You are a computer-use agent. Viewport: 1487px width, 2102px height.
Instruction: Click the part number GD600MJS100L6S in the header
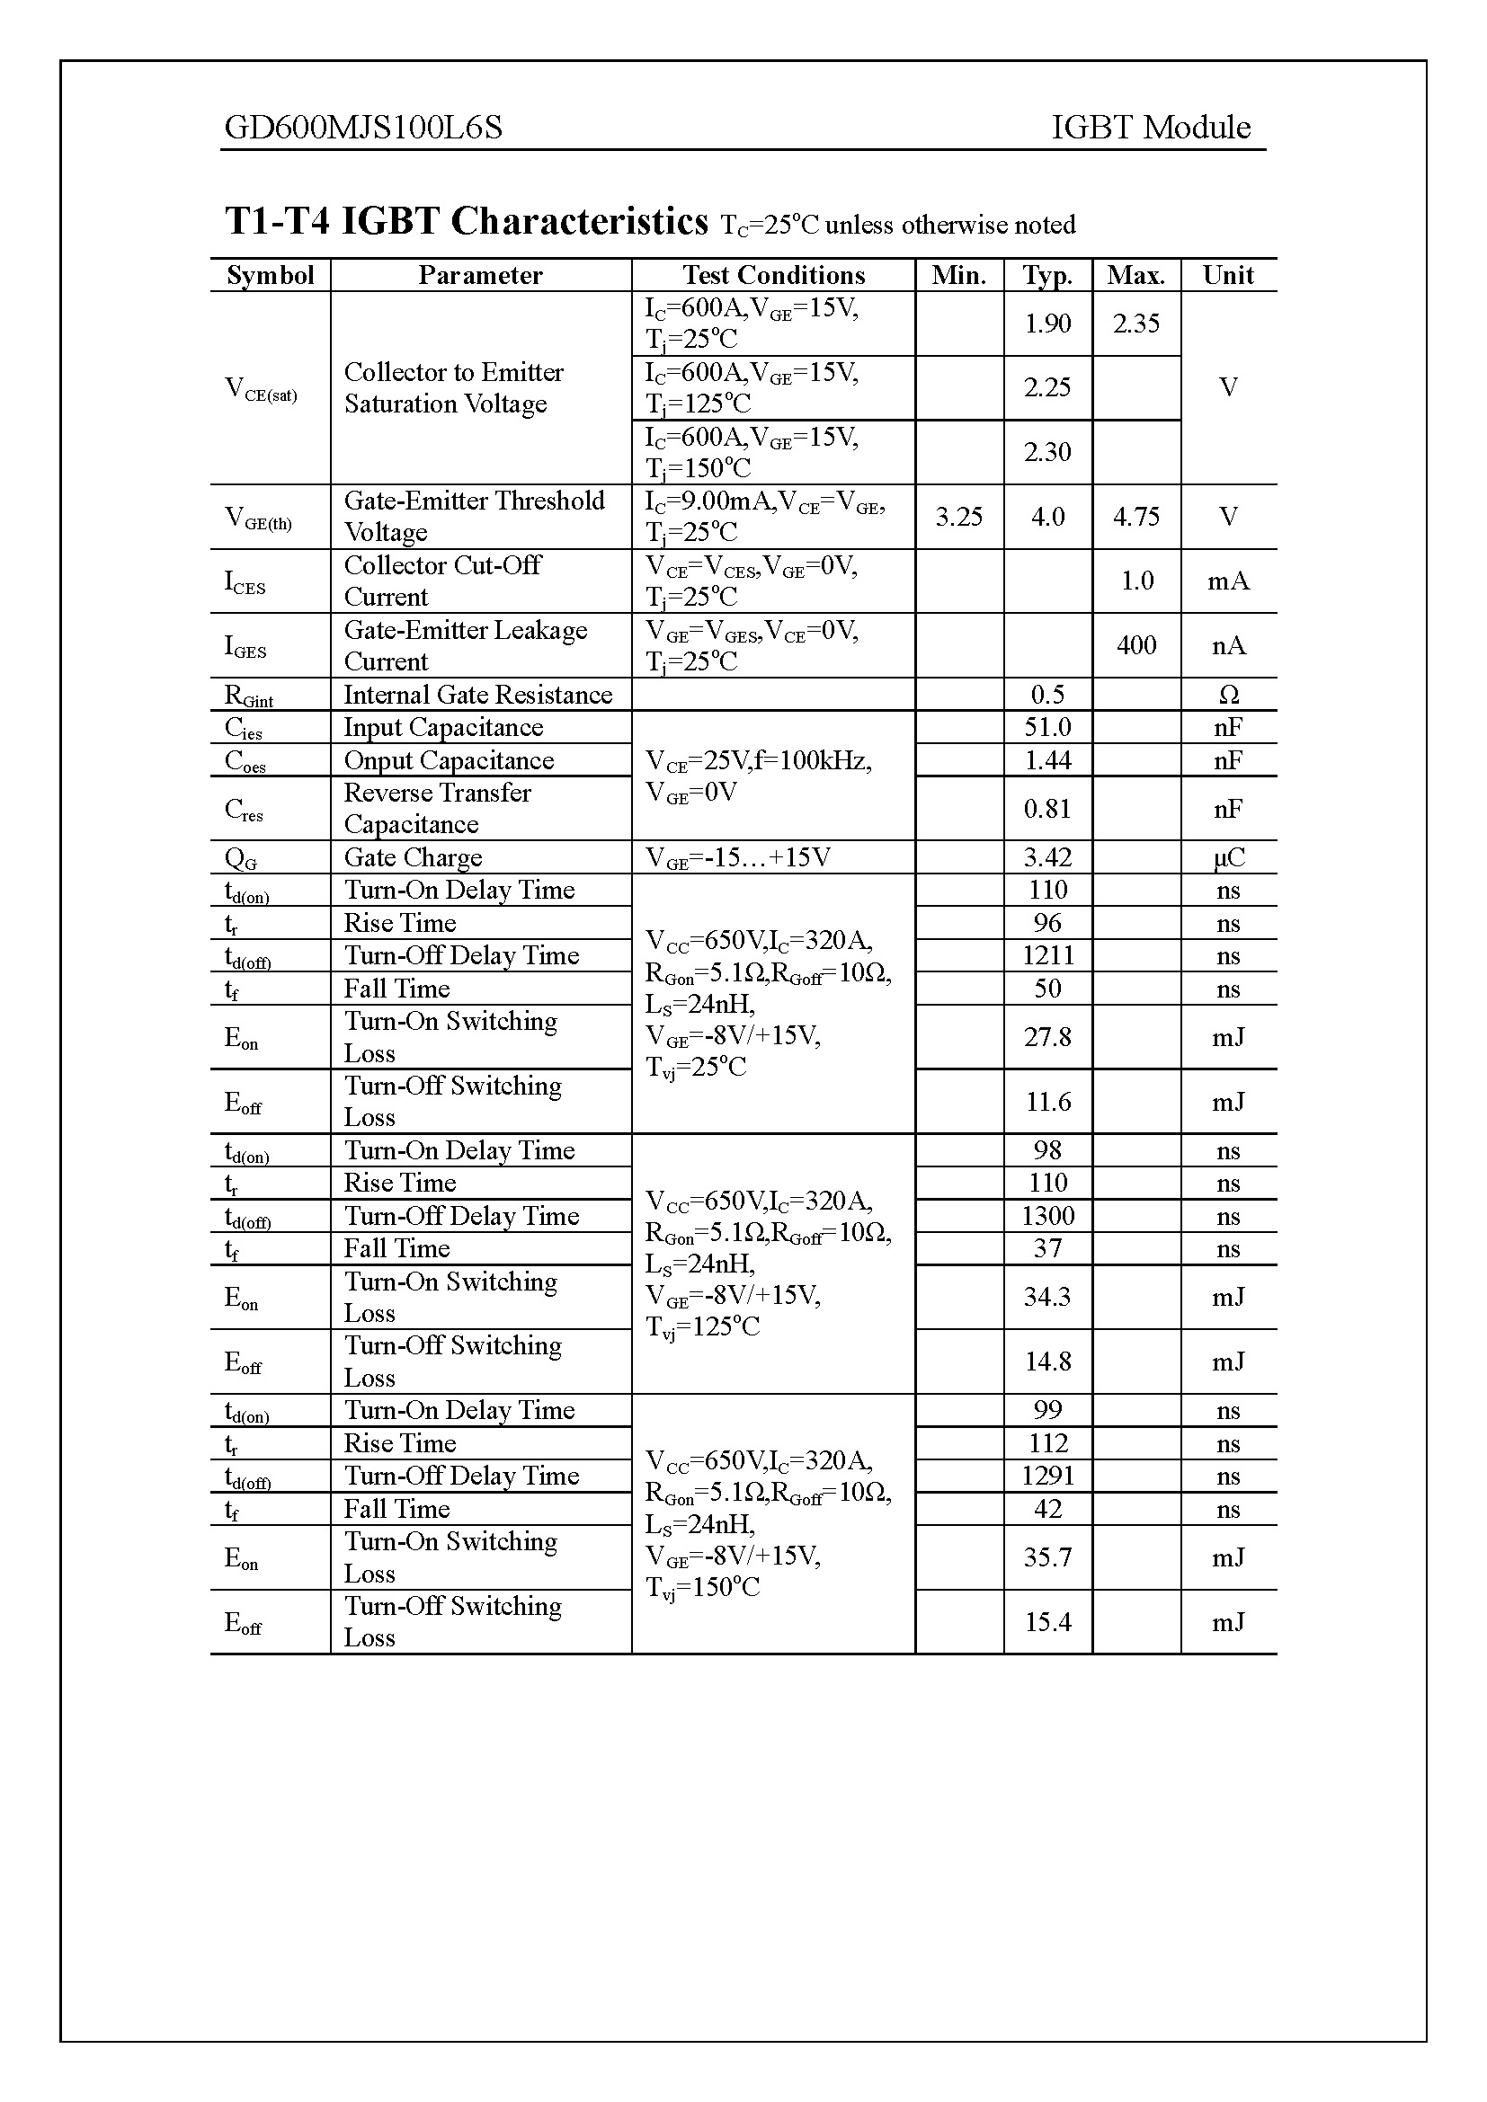point(363,128)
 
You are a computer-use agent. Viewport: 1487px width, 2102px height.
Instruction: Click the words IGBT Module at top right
point(1150,128)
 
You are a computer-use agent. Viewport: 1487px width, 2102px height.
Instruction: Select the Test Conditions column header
point(773,276)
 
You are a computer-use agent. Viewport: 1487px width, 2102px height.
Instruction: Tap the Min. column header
point(958,276)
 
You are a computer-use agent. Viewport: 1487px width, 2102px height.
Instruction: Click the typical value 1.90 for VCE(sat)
point(1047,324)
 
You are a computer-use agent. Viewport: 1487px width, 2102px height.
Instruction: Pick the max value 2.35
point(1135,324)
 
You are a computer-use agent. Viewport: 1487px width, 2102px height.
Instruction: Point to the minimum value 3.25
point(958,517)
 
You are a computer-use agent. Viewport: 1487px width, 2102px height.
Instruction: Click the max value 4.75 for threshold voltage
point(1135,517)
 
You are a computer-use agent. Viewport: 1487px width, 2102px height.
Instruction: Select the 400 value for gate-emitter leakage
point(1135,645)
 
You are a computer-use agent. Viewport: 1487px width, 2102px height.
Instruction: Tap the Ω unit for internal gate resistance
point(1228,695)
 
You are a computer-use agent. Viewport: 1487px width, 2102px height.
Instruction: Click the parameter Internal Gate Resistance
point(477,695)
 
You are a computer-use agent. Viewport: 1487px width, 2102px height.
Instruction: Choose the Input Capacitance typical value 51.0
point(1047,727)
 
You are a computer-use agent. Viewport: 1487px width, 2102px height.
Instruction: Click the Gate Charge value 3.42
point(1047,858)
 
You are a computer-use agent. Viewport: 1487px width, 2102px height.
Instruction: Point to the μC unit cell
point(1228,858)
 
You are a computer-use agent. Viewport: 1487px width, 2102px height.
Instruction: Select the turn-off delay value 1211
point(1047,956)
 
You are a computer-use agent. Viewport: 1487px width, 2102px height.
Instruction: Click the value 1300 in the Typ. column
point(1047,1216)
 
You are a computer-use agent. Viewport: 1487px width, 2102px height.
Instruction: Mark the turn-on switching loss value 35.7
point(1047,1557)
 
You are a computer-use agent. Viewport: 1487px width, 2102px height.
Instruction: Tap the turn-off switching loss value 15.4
point(1047,1622)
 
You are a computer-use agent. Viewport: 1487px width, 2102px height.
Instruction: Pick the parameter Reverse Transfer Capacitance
point(437,809)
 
